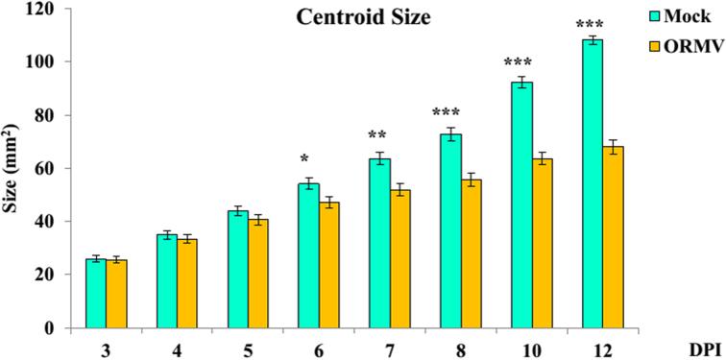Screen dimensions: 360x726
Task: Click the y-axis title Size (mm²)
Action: [x=19, y=169]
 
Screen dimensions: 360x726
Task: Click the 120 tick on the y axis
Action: [x=41, y=10]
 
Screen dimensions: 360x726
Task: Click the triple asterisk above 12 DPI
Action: [x=592, y=25]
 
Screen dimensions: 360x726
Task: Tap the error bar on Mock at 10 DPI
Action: [x=520, y=83]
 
